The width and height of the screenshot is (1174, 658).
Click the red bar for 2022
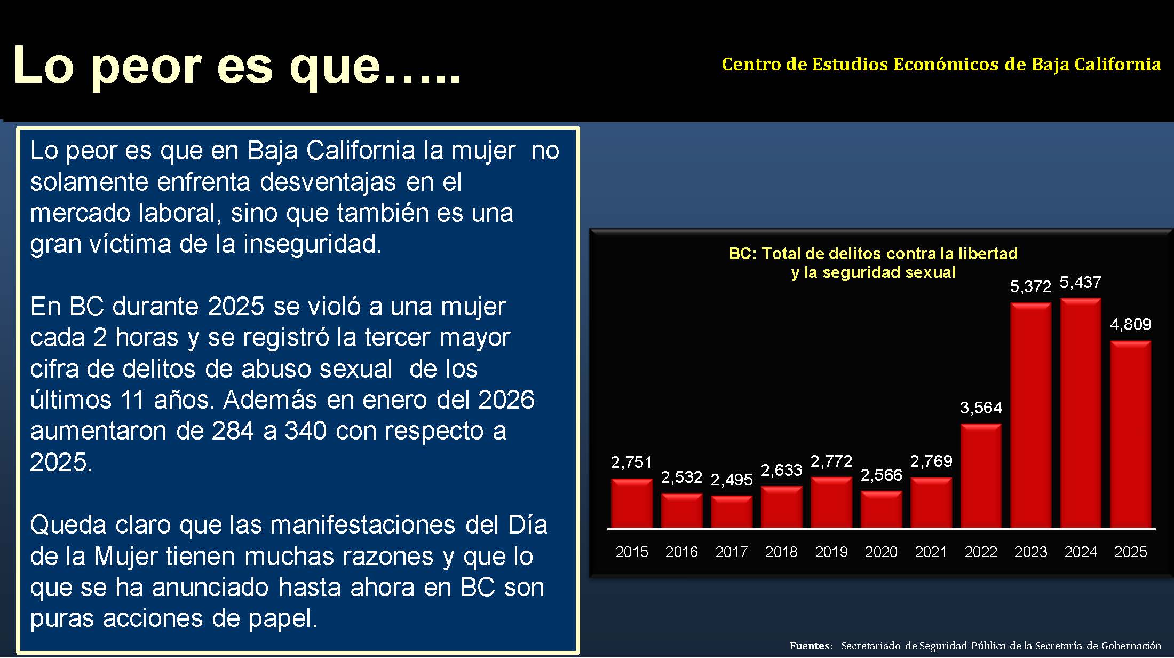981,476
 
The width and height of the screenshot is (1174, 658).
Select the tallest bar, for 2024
1081,414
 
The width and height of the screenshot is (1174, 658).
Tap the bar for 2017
732,512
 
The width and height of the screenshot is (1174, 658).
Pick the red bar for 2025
1130,435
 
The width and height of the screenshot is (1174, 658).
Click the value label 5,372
1030,287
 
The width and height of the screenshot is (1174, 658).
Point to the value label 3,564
981,408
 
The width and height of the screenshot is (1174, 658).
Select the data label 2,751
631,463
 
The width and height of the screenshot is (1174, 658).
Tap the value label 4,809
1130,325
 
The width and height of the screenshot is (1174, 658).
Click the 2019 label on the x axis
831,552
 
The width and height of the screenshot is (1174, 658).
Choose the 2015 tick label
631,552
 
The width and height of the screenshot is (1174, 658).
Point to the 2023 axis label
1030,552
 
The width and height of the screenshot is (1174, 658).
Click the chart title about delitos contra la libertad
873,263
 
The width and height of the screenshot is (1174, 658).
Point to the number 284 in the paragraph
233,431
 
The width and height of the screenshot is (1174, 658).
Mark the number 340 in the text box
305,431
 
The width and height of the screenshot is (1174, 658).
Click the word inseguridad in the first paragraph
312,244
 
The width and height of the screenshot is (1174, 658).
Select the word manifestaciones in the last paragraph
363,525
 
